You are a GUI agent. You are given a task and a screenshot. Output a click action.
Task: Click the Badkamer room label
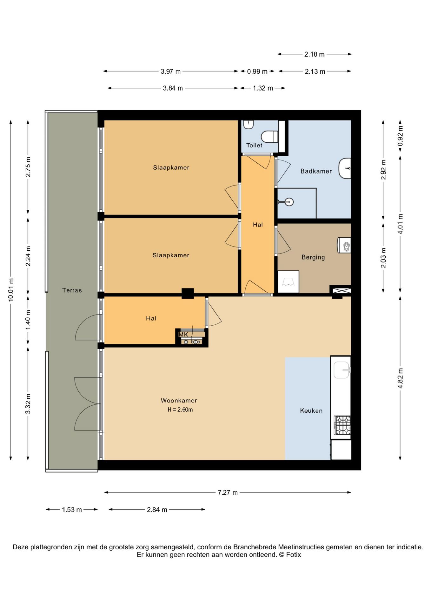coord(316,171)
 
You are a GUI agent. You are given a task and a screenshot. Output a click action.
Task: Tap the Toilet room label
coord(254,146)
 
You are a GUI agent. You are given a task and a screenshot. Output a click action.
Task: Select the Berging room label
coord(313,257)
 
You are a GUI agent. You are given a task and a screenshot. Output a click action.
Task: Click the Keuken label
coord(311,411)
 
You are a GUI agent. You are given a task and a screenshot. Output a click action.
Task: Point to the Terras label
coord(72,290)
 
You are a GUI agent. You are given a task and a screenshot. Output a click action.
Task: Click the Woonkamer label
coord(179,401)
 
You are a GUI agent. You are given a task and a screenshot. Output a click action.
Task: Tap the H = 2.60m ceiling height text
coord(180,410)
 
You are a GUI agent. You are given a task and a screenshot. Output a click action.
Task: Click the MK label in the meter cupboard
coord(183,335)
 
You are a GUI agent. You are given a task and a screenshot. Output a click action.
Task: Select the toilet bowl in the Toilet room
coord(269,137)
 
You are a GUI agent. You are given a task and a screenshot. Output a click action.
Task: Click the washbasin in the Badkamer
coord(345,168)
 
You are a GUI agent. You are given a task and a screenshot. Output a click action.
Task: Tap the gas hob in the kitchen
coord(342,425)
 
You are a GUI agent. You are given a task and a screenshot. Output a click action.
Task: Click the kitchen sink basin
coord(342,370)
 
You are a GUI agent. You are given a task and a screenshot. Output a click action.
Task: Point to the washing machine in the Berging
coord(288,282)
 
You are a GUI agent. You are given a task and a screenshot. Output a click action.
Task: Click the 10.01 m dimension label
coord(11,290)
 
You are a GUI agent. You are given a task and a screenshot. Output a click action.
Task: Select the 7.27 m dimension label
coord(228,492)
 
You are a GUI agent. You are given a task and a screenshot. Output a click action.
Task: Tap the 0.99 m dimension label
coord(257,71)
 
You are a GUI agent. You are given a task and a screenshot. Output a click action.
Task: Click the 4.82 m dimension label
coord(400,378)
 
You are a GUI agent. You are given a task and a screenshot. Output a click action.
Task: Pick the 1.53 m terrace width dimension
coord(72,510)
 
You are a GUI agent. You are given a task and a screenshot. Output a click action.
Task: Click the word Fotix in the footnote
coord(294,555)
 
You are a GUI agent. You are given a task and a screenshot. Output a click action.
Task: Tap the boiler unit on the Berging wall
coord(344,245)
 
